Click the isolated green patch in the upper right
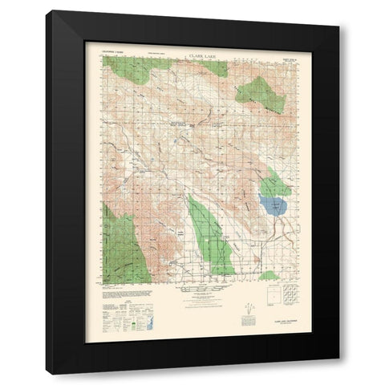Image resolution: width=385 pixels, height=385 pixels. (261, 94)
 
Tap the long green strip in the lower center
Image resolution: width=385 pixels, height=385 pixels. (211, 237)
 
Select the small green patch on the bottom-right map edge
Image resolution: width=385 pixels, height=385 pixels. (270, 275)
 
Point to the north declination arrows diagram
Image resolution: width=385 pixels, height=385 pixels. (249, 305)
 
